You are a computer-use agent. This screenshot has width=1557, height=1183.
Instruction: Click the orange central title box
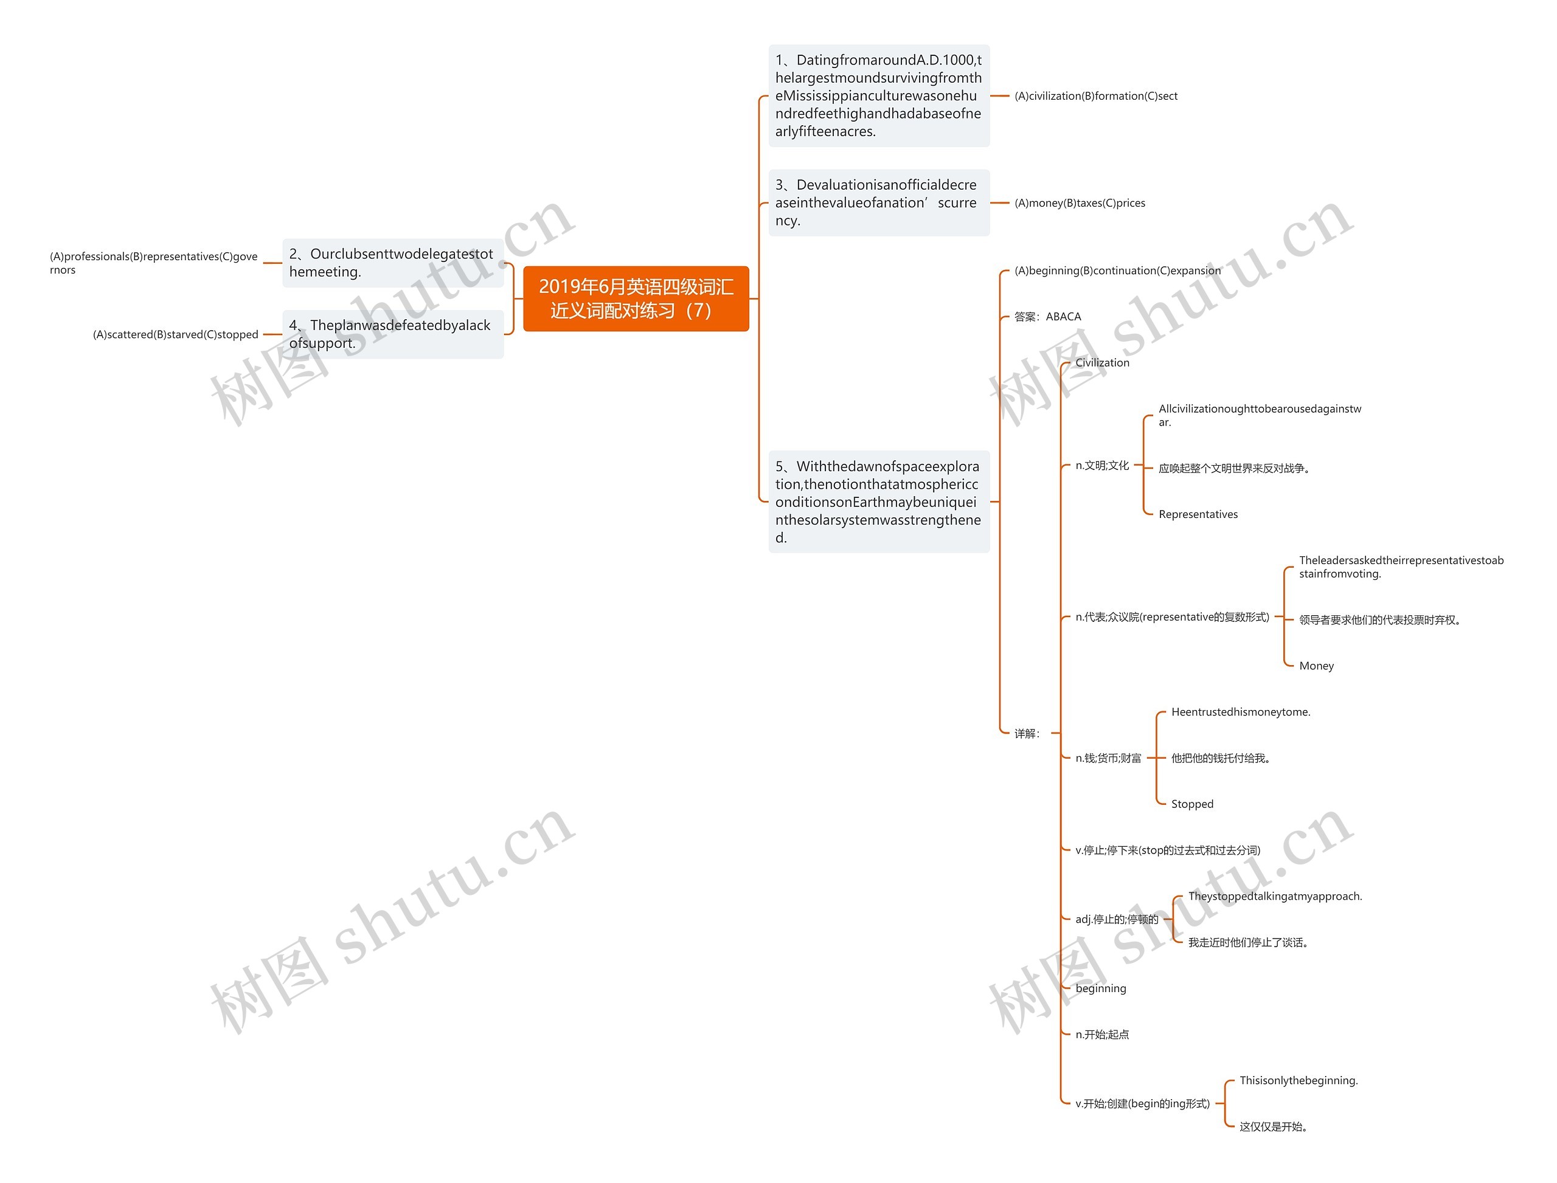[636, 298]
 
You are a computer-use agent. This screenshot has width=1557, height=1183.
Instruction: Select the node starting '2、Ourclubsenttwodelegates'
[392, 263]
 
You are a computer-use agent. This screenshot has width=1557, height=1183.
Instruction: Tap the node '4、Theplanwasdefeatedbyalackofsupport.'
[392, 334]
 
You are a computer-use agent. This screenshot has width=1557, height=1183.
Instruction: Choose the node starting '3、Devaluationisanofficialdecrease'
[878, 203]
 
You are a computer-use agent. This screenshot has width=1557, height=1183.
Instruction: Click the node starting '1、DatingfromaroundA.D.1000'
[878, 96]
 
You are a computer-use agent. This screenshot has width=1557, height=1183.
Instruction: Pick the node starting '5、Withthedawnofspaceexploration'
[878, 502]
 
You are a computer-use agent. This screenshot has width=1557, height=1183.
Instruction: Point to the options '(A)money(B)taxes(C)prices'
[1080, 204]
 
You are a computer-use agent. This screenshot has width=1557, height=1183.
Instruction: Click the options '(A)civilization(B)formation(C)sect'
[1095, 97]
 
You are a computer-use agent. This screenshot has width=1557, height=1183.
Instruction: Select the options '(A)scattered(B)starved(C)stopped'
[175, 334]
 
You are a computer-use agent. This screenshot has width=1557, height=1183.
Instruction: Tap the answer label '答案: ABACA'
[1047, 317]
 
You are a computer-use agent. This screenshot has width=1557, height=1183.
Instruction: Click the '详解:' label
[1027, 734]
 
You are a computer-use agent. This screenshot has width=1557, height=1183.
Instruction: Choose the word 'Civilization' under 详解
[1102, 363]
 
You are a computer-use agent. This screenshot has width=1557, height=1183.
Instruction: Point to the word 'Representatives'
[1198, 515]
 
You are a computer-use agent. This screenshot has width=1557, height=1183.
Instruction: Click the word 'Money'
[1316, 666]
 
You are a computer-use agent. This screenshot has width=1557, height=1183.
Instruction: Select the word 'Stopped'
[1192, 804]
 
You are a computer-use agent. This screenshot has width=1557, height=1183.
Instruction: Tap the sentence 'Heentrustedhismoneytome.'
[1240, 712]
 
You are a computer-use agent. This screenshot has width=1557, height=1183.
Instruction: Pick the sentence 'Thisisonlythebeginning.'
[1299, 1080]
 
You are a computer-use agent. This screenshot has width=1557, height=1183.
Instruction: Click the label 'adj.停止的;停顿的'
[1117, 919]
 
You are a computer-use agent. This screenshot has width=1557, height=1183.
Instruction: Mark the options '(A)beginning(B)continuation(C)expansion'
[1117, 271]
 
